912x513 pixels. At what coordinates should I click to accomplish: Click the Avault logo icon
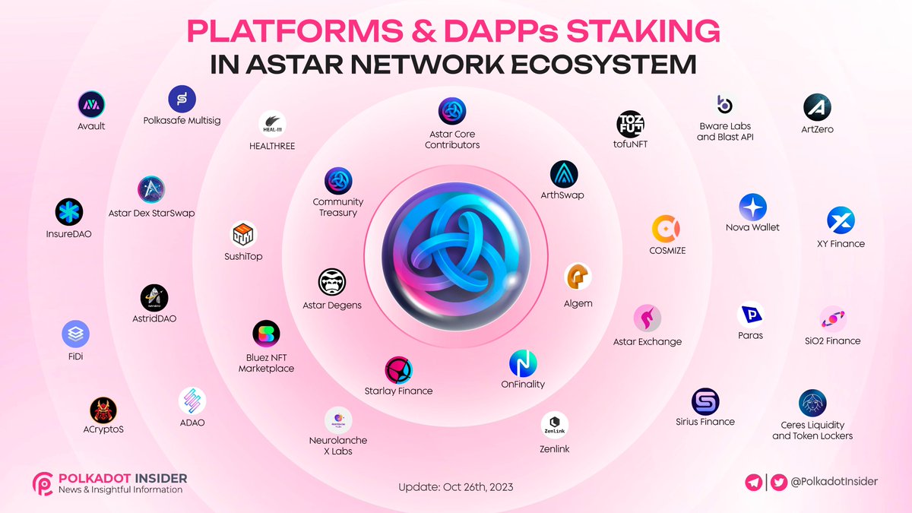(x=91, y=105)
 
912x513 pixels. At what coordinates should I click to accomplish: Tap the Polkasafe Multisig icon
(x=182, y=99)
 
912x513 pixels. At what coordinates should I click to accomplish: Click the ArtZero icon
(x=818, y=107)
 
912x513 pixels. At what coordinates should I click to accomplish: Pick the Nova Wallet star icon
(x=752, y=207)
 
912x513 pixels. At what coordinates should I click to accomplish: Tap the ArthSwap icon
(x=563, y=174)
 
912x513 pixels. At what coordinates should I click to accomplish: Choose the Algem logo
(x=578, y=277)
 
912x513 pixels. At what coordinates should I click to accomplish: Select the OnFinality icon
(x=523, y=364)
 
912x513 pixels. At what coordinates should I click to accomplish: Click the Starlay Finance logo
(x=398, y=370)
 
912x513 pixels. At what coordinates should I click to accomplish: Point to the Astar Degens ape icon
(x=332, y=283)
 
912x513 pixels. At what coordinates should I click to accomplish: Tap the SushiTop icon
(x=244, y=235)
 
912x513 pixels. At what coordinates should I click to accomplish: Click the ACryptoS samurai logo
(x=103, y=410)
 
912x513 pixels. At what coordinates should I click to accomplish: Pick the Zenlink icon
(x=554, y=426)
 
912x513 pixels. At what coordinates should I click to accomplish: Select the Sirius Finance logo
(x=705, y=401)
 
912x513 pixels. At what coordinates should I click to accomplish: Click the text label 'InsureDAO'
(x=69, y=234)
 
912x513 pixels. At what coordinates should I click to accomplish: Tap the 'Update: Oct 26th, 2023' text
(x=456, y=487)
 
